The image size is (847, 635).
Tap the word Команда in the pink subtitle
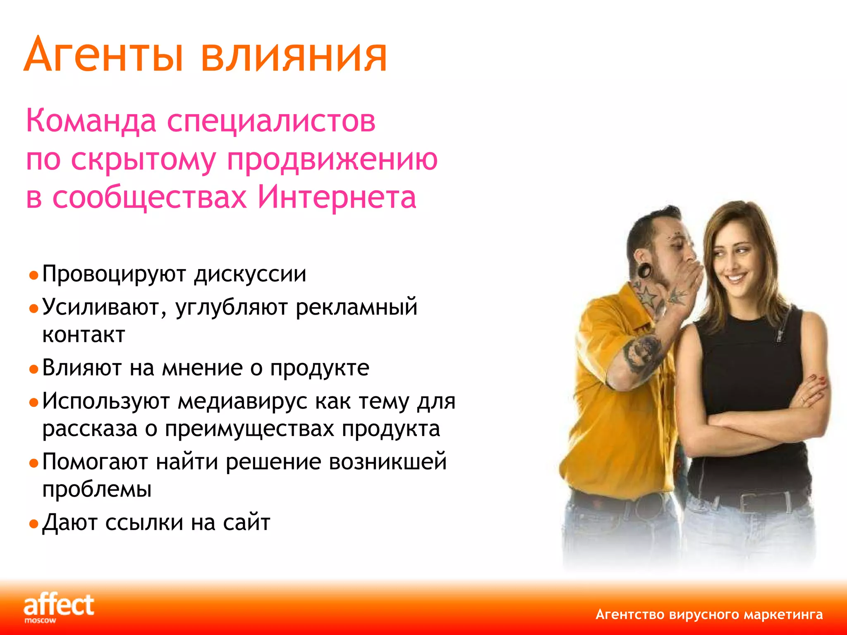tap(91, 121)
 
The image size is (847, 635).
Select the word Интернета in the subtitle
tap(337, 197)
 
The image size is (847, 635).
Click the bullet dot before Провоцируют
tap(33, 275)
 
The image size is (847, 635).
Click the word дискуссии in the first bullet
tap(250, 274)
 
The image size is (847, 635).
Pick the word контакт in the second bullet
tap(84, 335)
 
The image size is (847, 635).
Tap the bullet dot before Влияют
tap(33, 369)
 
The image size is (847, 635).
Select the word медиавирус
tap(242, 401)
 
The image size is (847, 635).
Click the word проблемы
tap(97, 489)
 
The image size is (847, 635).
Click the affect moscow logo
tap(58, 607)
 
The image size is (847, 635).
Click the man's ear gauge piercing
tap(644, 271)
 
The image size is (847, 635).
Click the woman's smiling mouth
tap(737, 277)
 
